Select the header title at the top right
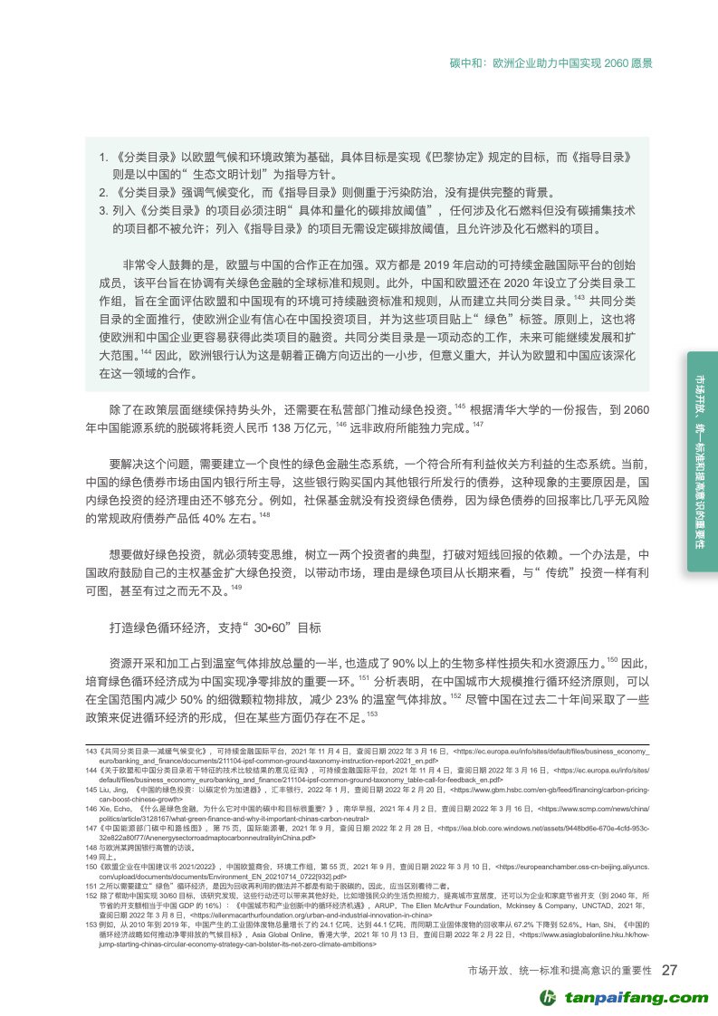551,64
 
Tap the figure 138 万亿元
284,424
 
